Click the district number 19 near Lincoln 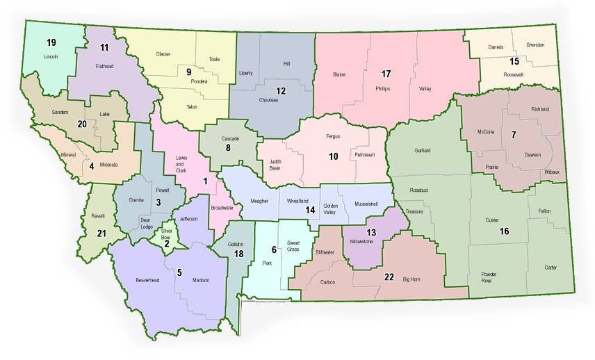51,42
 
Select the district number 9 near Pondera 188,71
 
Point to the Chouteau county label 269,100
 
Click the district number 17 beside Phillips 386,73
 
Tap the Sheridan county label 536,45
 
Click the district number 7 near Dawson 513,135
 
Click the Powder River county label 491,277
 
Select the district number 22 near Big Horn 389,277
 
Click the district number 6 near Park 274,249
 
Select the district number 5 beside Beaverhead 179,272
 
